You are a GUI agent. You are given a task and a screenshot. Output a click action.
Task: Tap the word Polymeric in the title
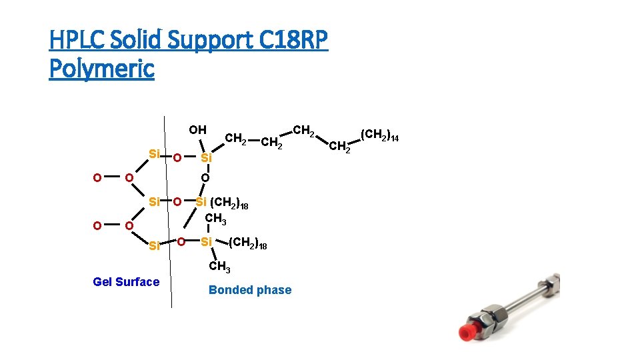point(101,68)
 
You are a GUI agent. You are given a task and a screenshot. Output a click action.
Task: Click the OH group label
point(197,130)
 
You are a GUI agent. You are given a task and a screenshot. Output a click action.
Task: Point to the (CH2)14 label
point(379,135)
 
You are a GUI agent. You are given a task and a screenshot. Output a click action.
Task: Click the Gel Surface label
point(126,282)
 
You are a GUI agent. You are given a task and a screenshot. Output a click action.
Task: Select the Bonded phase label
point(250,290)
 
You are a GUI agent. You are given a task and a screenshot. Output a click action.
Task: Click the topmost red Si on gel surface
point(154,154)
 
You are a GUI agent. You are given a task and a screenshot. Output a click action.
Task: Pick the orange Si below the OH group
point(207,159)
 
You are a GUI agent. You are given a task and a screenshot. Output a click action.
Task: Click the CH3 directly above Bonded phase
point(219,268)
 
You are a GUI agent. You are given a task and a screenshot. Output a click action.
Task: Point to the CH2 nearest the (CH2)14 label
point(340,146)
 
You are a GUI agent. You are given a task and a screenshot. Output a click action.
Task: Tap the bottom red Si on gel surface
point(154,246)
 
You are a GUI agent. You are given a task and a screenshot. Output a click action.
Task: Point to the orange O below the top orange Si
point(205,178)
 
